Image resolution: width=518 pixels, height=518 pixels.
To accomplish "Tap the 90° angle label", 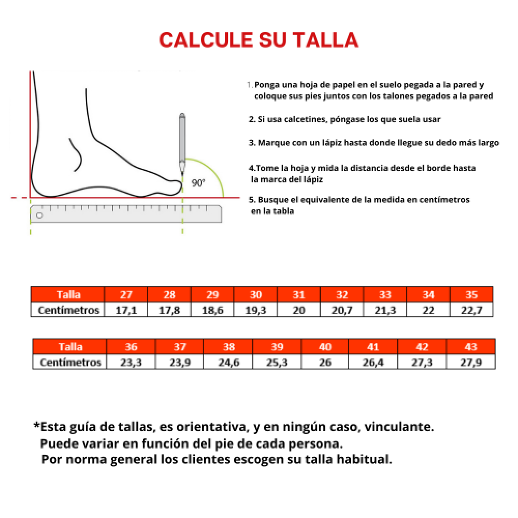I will pyautogui.click(x=198, y=182).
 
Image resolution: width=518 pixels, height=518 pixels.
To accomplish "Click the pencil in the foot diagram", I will pyautogui.click(x=182, y=140).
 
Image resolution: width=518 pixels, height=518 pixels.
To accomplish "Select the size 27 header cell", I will pyautogui.click(x=126, y=295).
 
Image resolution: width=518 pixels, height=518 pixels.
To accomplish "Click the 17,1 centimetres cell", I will pyautogui.click(x=126, y=310).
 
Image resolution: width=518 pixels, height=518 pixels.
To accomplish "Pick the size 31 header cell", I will pyautogui.click(x=299, y=295).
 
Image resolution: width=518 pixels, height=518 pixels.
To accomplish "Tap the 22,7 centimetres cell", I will pyautogui.click(x=471, y=310).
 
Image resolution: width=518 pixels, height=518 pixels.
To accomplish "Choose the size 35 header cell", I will pyautogui.click(x=471, y=295).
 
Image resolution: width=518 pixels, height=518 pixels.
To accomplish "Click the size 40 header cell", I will pyautogui.click(x=325, y=347).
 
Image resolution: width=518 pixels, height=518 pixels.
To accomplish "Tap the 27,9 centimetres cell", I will pyautogui.click(x=471, y=362).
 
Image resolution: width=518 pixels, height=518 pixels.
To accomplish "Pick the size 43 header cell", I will pyautogui.click(x=471, y=347).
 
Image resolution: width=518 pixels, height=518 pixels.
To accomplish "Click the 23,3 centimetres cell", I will pyautogui.click(x=131, y=362).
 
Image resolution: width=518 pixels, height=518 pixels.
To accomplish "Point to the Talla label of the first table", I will pyautogui.click(x=68, y=295).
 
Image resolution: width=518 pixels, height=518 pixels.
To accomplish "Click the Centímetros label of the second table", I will pyautogui.click(x=70, y=362).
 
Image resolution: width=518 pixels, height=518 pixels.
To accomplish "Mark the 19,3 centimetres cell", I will pyautogui.click(x=256, y=310).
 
